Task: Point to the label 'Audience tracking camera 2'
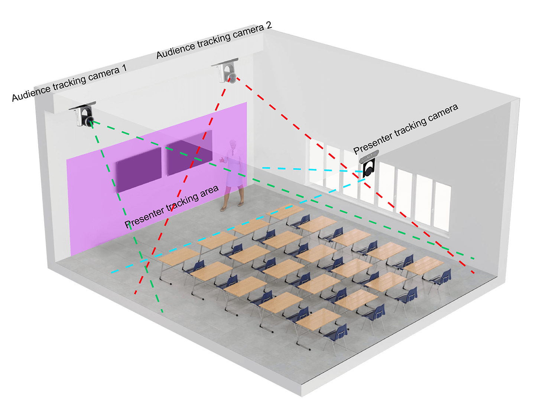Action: click(214, 41)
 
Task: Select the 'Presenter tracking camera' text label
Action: click(405, 129)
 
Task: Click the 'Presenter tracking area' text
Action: click(172, 207)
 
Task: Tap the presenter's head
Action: click(233, 144)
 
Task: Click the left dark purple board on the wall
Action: click(139, 170)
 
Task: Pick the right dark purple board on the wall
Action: click(190, 152)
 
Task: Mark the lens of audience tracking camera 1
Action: click(90, 121)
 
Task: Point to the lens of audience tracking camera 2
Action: click(232, 78)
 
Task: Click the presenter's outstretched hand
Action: click(221, 160)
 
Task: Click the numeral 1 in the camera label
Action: click(124, 68)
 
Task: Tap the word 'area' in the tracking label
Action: click(210, 191)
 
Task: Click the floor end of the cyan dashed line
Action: click(112, 273)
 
